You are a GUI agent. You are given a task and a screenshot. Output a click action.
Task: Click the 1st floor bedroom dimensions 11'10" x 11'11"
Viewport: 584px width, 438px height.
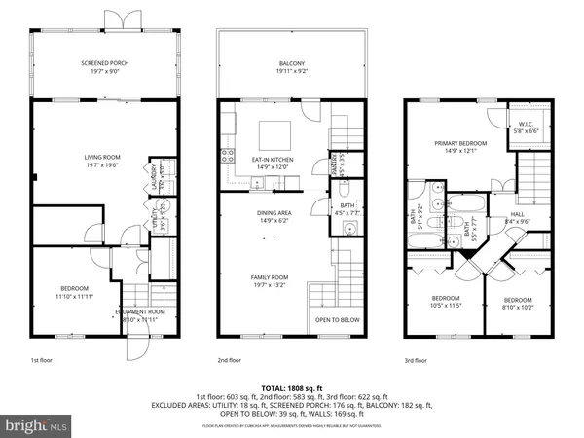pyautogui.click(x=75, y=293)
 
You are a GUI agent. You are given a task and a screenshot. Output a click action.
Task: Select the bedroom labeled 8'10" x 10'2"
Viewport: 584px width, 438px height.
pyautogui.click(x=518, y=304)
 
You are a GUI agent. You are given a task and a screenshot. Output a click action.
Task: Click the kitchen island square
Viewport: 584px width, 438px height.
pyautogui.click(x=272, y=131)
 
